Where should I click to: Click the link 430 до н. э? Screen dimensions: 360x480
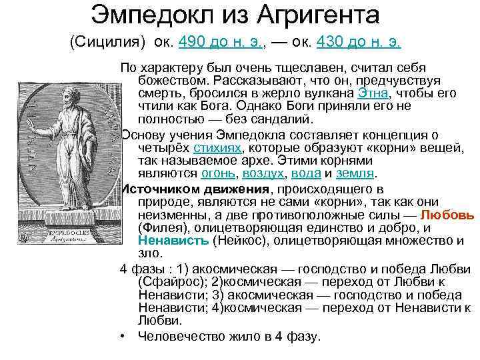[x=359, y=43]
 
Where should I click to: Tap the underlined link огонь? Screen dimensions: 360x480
[x=217, y=174]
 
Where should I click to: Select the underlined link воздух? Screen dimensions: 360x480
[x=262, y=174]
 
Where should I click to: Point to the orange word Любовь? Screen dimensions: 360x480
[x=448, y=215]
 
